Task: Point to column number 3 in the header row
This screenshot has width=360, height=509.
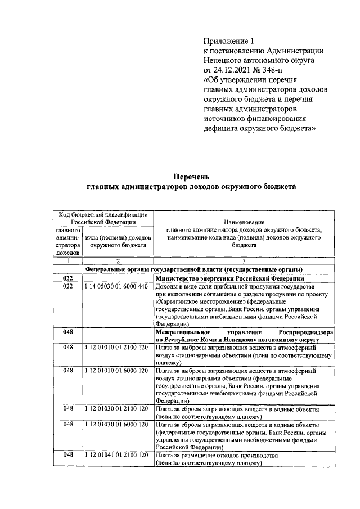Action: tap(244, 261)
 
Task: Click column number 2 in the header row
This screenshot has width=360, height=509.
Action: tap(118, 261)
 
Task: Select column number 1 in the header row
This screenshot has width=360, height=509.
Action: tap(67, 261)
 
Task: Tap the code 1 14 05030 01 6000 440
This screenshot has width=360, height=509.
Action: tap(116, 286)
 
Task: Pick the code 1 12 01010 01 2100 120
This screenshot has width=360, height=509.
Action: tap(116, 348)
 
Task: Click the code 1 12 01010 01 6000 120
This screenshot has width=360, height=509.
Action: tap(116, 371)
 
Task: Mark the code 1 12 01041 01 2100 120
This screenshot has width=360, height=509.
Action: tap(116, 454)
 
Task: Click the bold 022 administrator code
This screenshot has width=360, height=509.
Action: tap(68, 278)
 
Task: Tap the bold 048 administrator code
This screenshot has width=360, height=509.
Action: tap(68, 332)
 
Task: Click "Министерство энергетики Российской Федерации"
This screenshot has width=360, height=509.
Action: tap(230, 278)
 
